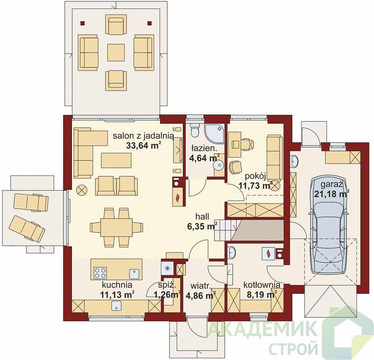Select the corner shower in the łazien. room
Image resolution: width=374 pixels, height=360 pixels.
tap(215, 134)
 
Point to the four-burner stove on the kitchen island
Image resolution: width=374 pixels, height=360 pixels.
tap(100, 273)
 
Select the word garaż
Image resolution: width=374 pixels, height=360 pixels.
tap(332, 184)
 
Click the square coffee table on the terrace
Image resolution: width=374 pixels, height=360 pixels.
tap(116, 52)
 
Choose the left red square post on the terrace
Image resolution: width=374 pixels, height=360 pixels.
tap(82, 23)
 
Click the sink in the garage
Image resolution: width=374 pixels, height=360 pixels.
tap(294, 161)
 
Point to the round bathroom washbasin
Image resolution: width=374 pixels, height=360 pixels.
tap(218, 165)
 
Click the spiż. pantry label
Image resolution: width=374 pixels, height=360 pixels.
tap(167, 285)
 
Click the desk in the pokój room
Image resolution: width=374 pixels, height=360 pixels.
tap(235, 144)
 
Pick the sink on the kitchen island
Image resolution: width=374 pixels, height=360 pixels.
tap(134, 274)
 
